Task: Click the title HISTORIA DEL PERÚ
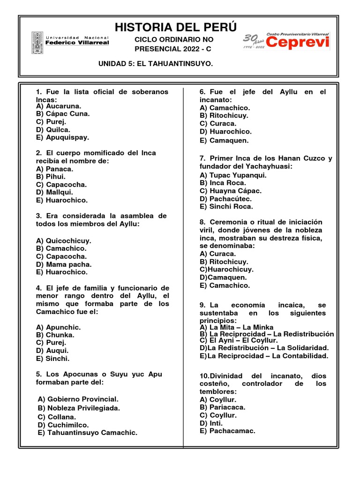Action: [x=176, y=27]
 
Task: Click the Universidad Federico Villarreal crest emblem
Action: [x=37, y=42]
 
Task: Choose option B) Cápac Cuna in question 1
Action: [x=62, y=113]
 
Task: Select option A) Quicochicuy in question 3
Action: [x=63, y=240]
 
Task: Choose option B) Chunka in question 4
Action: [x=55, y=335]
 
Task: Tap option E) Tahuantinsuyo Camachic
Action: [x=88, y=433]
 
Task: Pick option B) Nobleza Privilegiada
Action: [x=79, y=408]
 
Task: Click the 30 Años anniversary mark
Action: [x=253, y=41]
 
